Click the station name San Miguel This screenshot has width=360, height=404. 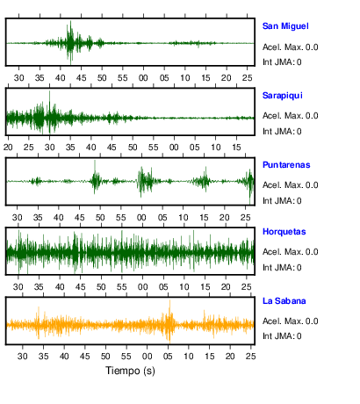click(285, 26)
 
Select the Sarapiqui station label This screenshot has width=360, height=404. click(283, 96)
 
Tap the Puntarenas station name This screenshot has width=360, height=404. click(286, 165)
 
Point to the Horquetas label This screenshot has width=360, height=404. click(284, 232)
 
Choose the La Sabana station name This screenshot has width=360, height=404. click(284, 301)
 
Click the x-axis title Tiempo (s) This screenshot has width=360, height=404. click(130, 371)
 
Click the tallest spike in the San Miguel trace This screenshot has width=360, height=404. click(70, 22)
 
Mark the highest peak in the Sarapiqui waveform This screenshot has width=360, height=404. click(49, 92)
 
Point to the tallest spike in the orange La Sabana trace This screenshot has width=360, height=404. click(169, 301)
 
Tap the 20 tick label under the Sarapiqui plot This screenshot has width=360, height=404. click(8, 148)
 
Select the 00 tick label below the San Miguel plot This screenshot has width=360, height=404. click(143, 78)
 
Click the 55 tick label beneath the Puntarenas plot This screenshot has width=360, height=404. click(120, 218)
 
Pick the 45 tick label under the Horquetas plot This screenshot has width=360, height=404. click(80, 287)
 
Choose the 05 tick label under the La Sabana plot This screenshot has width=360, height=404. click(168, 357)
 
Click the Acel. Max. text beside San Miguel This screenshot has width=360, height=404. click(283, 47)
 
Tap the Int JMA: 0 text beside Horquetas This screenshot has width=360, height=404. click(282, 268)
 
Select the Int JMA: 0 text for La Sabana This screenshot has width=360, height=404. click(282, 336)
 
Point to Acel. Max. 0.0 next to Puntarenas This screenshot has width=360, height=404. click(290, 185)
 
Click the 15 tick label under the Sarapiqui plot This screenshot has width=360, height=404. click(236, 148)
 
